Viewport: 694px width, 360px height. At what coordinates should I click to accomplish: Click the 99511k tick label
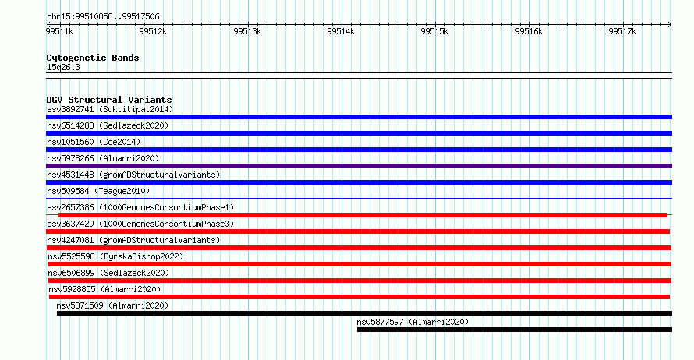click(60, 31)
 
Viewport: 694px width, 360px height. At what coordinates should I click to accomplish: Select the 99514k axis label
click(341, 31)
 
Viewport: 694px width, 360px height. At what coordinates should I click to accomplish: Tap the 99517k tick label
click(622, 31)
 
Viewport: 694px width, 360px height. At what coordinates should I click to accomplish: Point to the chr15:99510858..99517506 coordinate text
click(103, 17)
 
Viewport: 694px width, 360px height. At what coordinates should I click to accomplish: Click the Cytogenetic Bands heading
click(93, 58)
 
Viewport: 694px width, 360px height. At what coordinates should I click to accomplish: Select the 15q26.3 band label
click(63, 67)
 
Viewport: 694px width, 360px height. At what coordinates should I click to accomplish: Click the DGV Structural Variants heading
click(109, 100)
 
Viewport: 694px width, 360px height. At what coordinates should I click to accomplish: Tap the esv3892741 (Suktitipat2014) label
click(110, 109)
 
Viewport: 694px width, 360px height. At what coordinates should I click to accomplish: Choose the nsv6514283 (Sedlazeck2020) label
click(108, 125)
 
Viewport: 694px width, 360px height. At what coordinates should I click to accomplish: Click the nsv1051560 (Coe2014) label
click(94, 142)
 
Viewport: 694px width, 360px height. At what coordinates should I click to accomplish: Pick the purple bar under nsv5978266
click(359, 166)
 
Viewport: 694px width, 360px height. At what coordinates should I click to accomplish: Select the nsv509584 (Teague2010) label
click(98, 191)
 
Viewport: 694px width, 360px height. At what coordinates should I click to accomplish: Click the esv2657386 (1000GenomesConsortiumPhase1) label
click(140, 207)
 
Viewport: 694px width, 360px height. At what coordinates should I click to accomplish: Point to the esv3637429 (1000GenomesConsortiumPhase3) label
click(140, 224)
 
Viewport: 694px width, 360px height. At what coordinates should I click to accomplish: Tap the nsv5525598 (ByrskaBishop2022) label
click(115, 256)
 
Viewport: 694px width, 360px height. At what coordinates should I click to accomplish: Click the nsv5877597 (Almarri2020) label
click(413, 322)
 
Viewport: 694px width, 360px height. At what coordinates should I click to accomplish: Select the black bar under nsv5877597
click(515, 330)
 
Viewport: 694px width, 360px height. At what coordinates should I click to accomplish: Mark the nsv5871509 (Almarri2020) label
click(112, 305)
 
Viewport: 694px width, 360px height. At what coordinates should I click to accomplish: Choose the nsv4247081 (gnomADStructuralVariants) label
click(133, 240)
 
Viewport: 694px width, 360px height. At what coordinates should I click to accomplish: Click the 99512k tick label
click(153, 31)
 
